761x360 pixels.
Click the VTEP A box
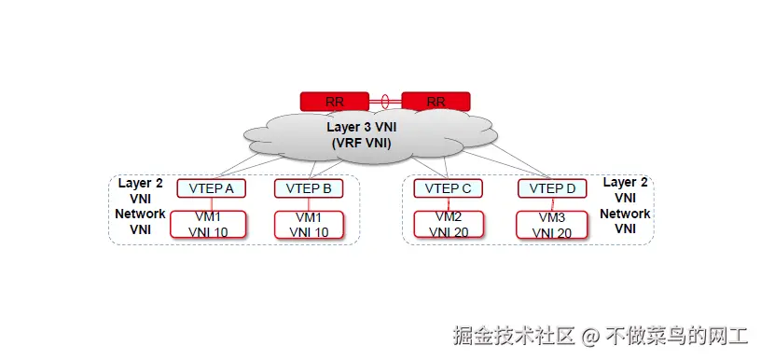tap(212, 188)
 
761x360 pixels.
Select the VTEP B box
tap(309, 188)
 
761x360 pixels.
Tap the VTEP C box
tap(448, 188)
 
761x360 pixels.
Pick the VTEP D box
tap(553, 188)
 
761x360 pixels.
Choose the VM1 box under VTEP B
tap(309, 225)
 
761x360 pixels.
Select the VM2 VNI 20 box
tap(449, 225)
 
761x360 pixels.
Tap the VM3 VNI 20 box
tap(553, 225)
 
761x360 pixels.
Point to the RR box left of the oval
tap(334, 101)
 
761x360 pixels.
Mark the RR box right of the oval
tap(436, 101)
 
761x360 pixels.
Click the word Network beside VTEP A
tap(140, 214)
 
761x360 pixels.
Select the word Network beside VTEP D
tap(625, 214)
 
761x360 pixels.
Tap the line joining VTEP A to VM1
tap(212, 204)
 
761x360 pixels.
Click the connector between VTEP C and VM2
tap(448, 204)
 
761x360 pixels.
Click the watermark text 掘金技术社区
tap(514, 334)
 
